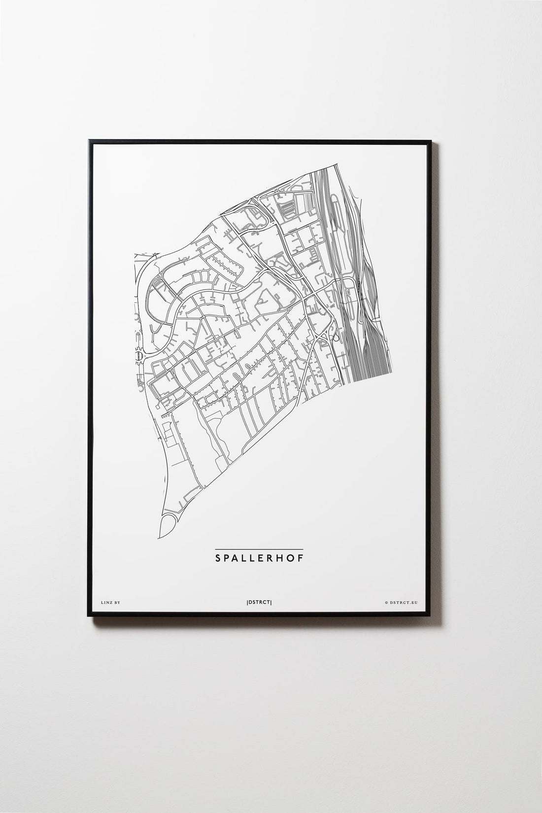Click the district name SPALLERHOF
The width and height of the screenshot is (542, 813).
tap(259, 558)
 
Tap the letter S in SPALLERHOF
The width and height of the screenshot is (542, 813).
tap(218, 558)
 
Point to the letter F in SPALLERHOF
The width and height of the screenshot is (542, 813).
tap(301, 558)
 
